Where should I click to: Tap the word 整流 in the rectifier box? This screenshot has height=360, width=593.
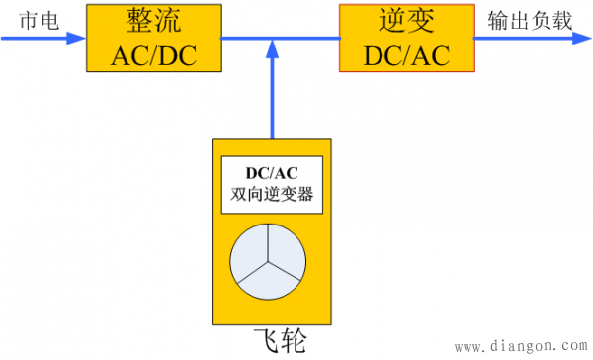(154, 21)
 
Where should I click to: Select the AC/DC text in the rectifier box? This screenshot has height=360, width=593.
(154, 55)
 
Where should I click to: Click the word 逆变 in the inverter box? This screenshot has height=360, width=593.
(406, 21)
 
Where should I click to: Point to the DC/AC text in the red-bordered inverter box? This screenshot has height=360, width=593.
(406, 55)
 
